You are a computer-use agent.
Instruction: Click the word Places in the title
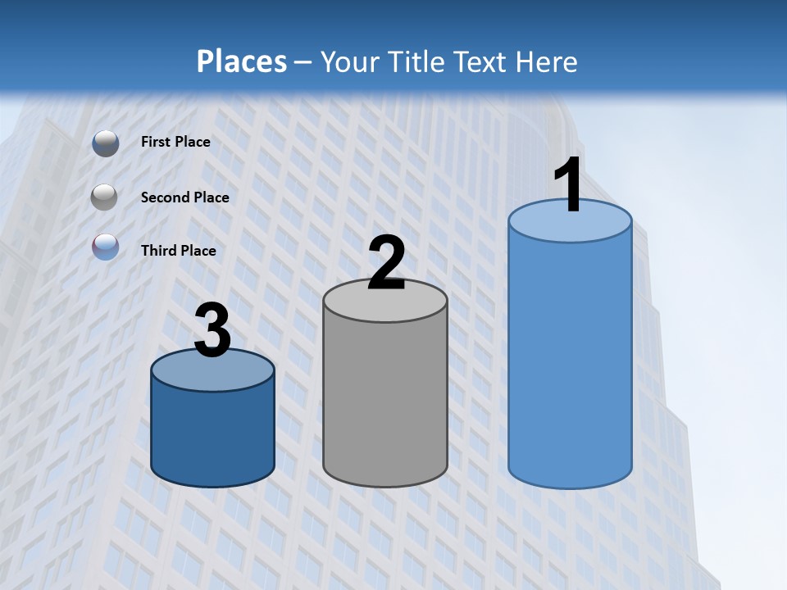tap(242, 61)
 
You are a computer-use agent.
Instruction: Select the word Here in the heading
tap(544, 61)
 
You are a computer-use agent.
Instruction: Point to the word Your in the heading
tap(349, 61)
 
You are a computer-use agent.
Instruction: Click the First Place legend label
tap(175, 142)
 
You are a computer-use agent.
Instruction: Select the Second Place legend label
tap(184, 197)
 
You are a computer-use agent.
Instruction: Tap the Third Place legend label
tap(178, 250)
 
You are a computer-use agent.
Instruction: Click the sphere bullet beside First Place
tap(106, 143)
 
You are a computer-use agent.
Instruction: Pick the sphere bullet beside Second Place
tap(105, 197)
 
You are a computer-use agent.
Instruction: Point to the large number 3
tap(212, 331)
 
